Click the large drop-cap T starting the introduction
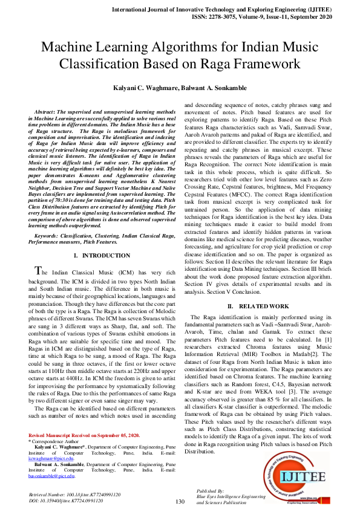(x=37, y=270)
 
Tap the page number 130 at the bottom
(x=179, y=501)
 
